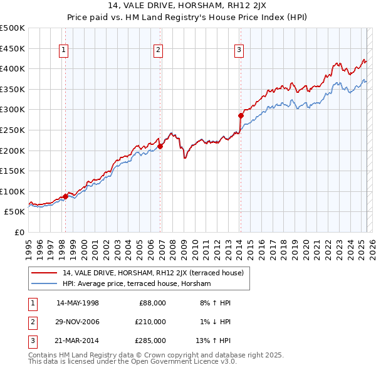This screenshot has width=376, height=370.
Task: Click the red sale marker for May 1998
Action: (x=65, y=196)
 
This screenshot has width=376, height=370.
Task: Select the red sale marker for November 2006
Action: (x=160, y=147)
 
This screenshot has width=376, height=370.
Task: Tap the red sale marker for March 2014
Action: (x=241, y=115)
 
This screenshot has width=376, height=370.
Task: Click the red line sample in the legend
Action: (x=44, y=273)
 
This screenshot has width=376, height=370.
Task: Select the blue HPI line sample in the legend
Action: (x=44, y=283)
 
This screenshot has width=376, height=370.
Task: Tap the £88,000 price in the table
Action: (x=152, y=303)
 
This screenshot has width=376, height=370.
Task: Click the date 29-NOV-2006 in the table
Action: (x=77, y=322)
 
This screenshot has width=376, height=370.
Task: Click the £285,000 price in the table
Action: (x=150, y=341)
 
